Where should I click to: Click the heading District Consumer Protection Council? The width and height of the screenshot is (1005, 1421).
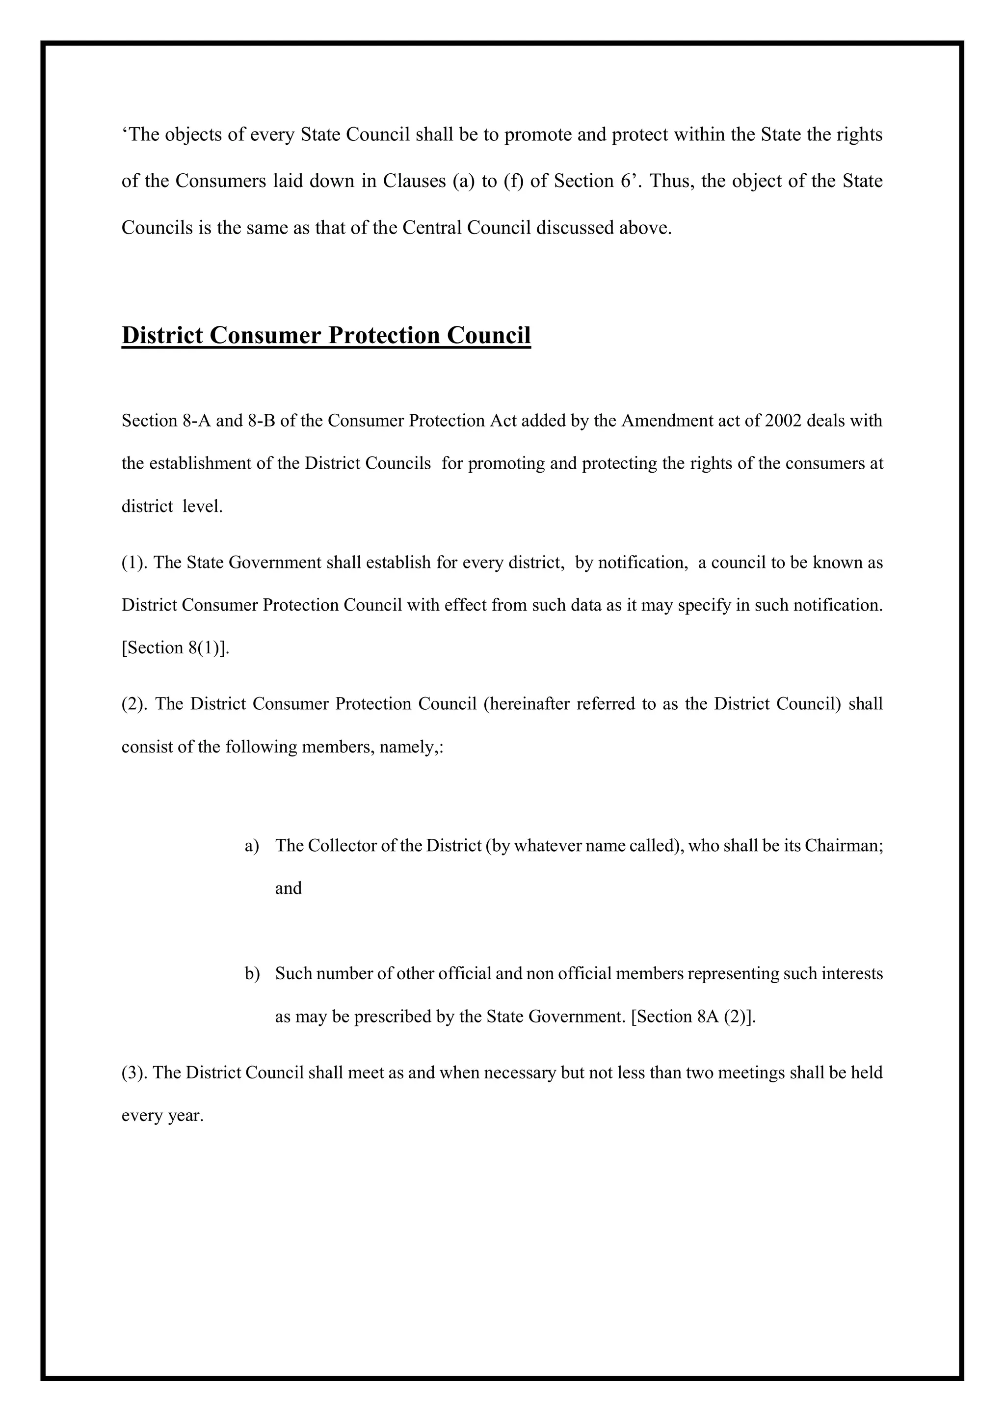click(x=326, y=335)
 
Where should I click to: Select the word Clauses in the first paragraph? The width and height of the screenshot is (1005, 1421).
click(x=415, y=181)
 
